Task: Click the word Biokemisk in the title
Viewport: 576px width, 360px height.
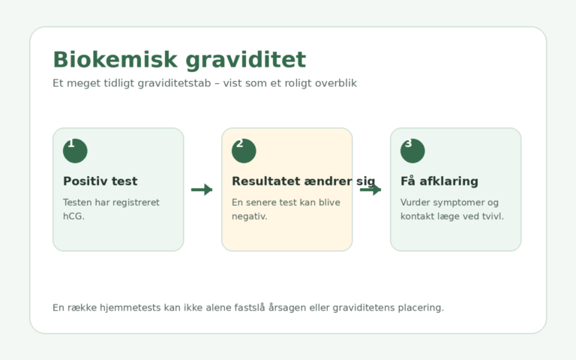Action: (115, 59)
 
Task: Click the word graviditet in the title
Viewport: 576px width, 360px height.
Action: (246, 61)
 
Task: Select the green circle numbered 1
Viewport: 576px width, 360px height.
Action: (75, 151)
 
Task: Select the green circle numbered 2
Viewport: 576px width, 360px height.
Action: (244, 151)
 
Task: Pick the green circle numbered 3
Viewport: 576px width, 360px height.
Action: (412, 151)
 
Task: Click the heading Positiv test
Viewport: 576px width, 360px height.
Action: (100, 181)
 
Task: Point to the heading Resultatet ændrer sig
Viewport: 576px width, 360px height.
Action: (304, 181)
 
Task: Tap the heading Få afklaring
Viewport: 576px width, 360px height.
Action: (439, 181)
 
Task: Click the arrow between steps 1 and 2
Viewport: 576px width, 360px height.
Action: (202, 190)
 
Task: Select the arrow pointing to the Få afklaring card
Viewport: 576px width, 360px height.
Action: (370, 190)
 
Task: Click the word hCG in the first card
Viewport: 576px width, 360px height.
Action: (72, 216)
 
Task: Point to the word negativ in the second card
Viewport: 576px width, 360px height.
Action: (248, 216)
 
